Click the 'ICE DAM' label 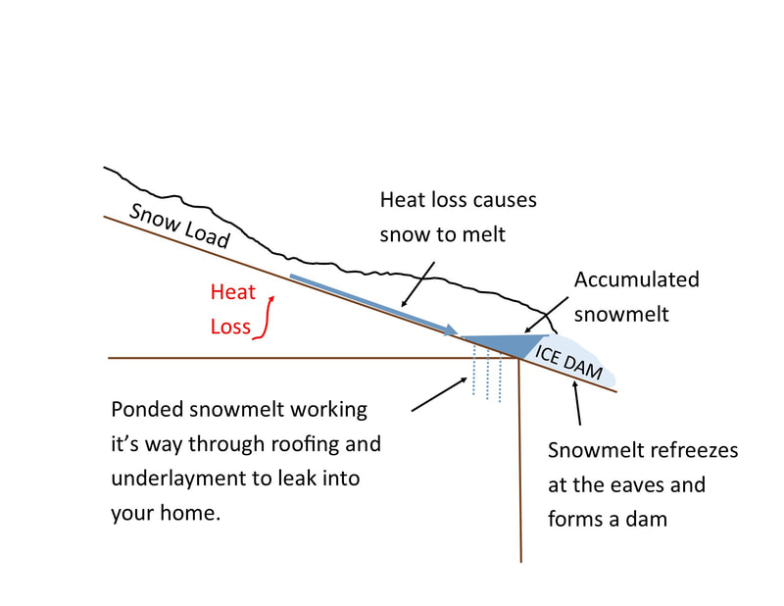point(568,362)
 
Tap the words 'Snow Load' point(179,226)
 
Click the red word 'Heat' point(233,292)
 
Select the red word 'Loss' point(230,327)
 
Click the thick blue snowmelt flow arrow point(373,305)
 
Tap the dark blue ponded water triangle point(505,345)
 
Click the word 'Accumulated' point(636,279)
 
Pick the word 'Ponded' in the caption point(147,409)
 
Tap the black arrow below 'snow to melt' point(418,284)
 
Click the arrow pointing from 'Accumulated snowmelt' point(546,315)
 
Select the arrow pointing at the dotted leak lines point(439,394)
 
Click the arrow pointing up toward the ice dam point(577,403)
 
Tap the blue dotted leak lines point(487,371)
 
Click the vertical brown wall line point(520,460)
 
